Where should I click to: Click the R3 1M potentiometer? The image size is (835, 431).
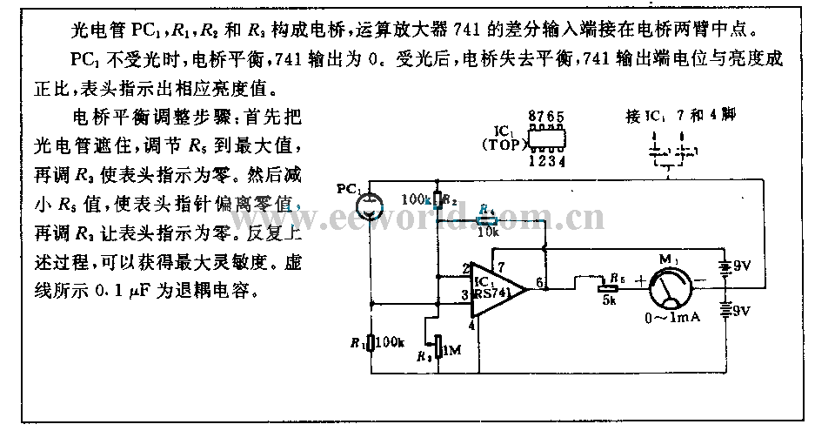click(438, 349)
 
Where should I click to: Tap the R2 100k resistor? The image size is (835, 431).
click(438, 202)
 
